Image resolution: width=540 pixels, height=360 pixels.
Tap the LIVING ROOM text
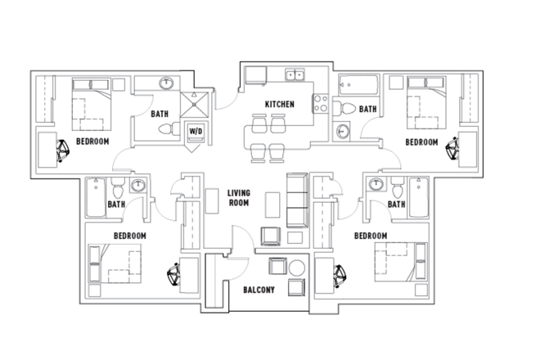[x=238, y=197]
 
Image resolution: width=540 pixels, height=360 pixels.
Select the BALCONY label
[x=259, y=290]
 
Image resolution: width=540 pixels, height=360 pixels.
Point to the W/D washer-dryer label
[x=196, y=131]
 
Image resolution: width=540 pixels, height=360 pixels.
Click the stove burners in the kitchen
[x=321, y=104]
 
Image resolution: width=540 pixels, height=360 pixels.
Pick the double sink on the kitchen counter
[x=295, y=76]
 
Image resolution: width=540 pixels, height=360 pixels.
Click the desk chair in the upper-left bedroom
[x=64, y=148]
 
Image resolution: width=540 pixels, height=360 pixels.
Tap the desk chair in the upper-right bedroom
[x=451, y=148]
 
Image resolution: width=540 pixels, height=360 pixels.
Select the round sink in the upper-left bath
[x=167, y=83]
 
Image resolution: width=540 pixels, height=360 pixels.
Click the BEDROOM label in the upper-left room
[x=92, y=141]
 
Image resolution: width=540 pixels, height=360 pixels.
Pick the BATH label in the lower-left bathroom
[x=116, y=205]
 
